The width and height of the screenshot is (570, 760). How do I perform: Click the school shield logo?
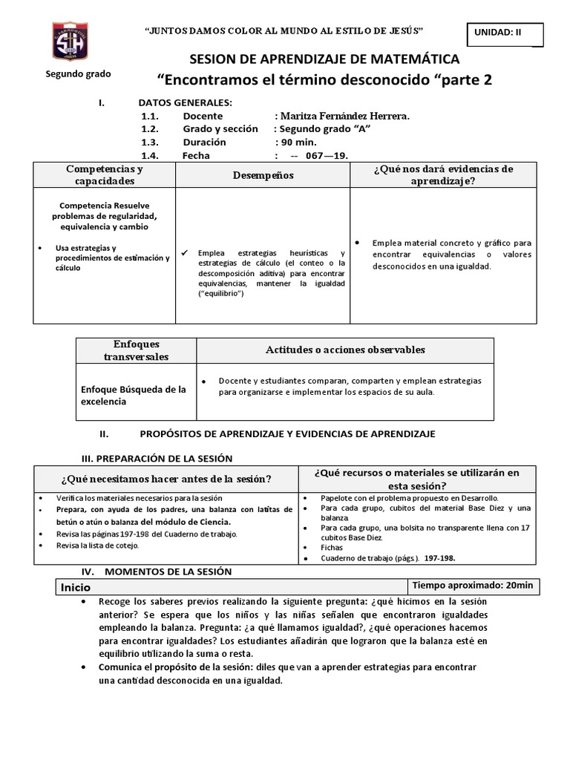tap(68, 42)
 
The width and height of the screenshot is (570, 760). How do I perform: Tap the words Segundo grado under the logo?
tap(78, 74)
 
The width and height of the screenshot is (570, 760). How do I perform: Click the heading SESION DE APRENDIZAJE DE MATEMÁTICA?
tap(325, 59)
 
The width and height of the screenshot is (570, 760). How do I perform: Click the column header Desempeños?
tap(263, 175)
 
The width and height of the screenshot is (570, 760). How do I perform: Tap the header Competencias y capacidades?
tap(105, 175)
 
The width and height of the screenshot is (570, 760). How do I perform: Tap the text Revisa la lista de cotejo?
tap(96, 545)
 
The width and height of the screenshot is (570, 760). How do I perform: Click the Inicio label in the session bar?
tap(76, 586)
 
